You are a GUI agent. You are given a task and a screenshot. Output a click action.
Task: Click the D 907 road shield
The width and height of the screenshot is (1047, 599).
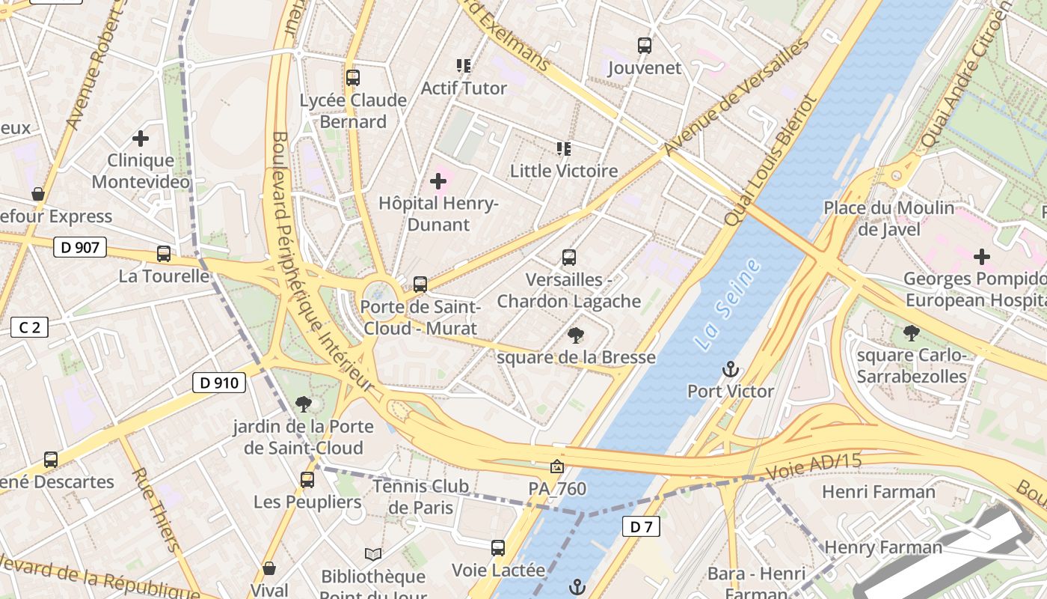coord(80,247)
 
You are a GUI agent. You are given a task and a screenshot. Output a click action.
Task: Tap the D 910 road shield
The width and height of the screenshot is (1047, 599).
coord(219,383)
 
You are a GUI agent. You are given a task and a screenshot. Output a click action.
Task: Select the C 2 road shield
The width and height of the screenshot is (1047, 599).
coord(29,327)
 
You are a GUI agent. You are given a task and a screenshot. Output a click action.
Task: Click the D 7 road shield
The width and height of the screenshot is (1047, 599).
coord(641,526)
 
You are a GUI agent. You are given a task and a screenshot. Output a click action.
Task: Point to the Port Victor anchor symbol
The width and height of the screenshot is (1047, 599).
coord(730,369)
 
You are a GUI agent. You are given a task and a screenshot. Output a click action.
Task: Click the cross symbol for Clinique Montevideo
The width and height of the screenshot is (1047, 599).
coord(141,139)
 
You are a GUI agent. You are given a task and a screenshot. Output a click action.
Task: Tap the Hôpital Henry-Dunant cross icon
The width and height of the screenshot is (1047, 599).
coord(438,181)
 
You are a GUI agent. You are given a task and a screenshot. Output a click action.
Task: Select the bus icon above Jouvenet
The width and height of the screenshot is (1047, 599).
coord(645,46)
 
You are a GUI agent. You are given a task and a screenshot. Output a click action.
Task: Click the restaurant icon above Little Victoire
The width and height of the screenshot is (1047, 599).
coord(564,149)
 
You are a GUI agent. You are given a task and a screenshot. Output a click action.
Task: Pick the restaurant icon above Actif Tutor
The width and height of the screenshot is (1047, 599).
coord(464,66)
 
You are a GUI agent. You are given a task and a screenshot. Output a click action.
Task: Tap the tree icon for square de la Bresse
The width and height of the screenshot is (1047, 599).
coord(576,335)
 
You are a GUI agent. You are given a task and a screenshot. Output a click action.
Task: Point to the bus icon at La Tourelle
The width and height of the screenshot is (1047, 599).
coord(164,254)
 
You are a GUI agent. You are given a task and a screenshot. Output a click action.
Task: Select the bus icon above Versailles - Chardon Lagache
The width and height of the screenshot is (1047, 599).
coord(569,258)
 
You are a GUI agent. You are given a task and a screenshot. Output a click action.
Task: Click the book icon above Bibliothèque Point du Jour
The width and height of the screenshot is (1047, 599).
coord(373,554)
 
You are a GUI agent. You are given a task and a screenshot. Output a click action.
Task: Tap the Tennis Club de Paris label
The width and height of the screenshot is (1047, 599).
coord(421,496)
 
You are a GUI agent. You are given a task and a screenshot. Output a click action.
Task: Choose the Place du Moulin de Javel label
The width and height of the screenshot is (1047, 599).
coord(889,218)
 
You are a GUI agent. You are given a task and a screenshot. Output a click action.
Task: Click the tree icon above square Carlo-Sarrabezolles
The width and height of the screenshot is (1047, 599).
coord(911,332)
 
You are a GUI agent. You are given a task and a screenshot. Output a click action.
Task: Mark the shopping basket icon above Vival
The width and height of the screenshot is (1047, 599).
coord(269,568)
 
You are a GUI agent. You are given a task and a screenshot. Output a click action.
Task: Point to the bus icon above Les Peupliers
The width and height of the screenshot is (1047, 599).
coord(307,480)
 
